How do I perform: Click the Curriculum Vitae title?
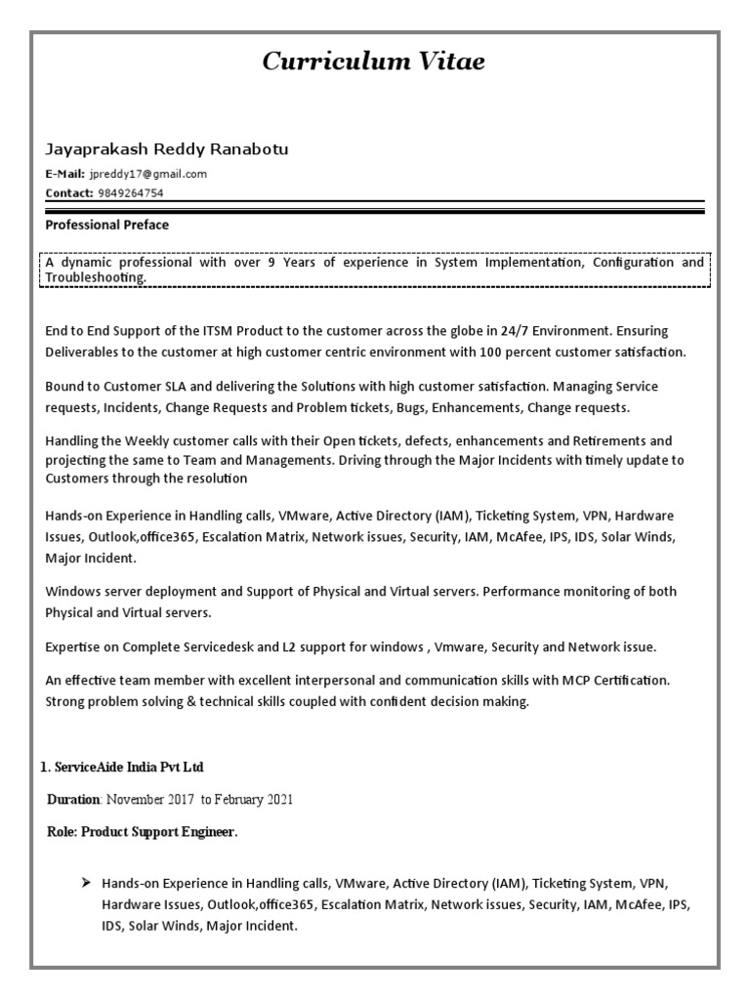373,62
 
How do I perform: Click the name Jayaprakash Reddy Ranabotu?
166,149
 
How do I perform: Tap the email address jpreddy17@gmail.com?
148,174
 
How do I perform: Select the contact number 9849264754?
131,193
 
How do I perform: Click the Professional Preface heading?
106,226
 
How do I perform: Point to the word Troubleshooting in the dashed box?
95,277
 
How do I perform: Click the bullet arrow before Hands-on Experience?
85,883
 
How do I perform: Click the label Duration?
74,800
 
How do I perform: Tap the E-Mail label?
65,174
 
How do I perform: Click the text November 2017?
150,800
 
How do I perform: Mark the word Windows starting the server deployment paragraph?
73,592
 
